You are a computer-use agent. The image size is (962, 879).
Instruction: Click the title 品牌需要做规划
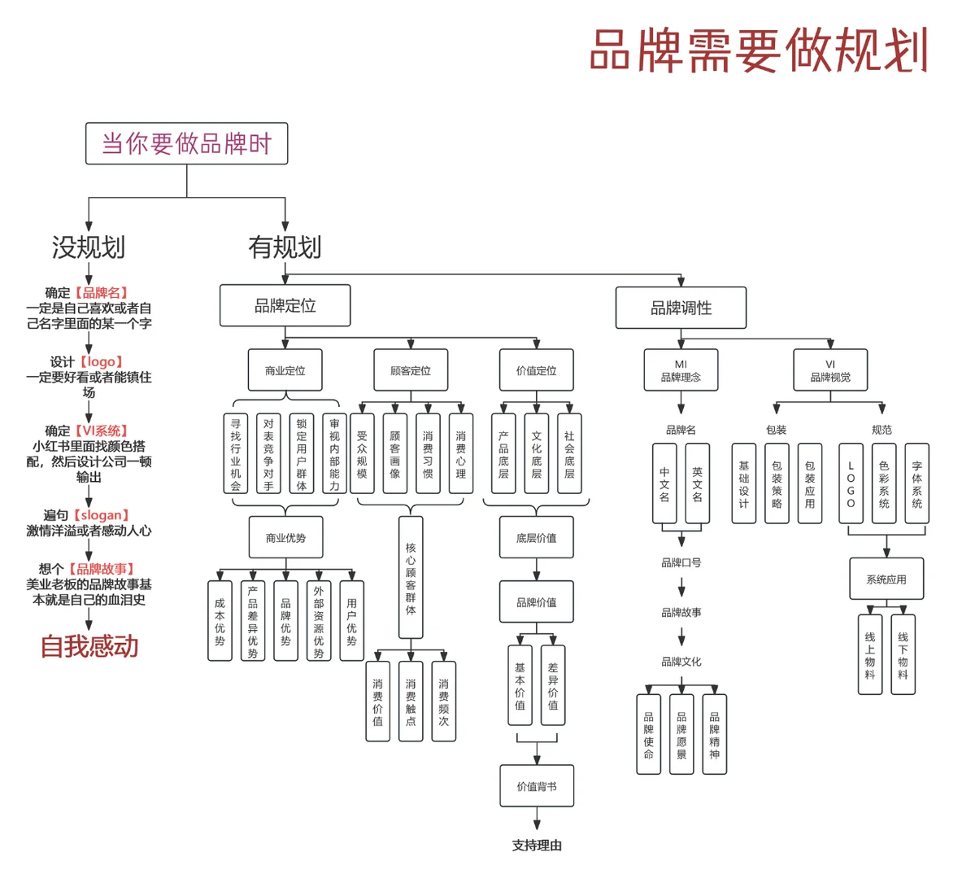[x=759, y=50]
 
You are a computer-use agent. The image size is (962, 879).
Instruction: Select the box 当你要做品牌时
[x=186, y=144]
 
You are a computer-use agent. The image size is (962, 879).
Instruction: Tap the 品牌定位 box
[x=285, y=306]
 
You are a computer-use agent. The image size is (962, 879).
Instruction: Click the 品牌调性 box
[x=681, y=308]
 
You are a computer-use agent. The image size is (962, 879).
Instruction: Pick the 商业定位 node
[x=285, y=371]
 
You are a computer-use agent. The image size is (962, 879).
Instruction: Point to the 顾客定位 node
[x=411, y=371]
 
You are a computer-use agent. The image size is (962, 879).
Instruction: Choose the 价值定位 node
[x=537, y=371]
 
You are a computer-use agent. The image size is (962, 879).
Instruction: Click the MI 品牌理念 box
[x=681, y=371]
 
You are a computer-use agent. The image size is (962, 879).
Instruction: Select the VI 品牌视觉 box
[x=830, y=371]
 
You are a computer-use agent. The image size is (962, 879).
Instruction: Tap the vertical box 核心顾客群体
[x=411, y=578]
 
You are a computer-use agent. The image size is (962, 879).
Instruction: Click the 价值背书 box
[x=537, y=786]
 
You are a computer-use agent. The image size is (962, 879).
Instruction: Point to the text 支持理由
[x=537, y=846]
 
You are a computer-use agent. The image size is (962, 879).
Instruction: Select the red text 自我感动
[x=89, y=647]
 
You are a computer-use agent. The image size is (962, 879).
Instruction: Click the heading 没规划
[x=89, y=247]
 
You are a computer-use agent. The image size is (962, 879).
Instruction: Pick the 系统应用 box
[x=886, y=579]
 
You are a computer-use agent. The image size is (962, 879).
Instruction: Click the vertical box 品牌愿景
[x=681, y=735]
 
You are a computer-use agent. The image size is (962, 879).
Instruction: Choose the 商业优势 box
[x=285, y=538]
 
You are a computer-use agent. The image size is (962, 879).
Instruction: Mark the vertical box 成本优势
[x=220, y=621]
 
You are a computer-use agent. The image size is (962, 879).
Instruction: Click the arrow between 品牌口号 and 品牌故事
[x=681, y=588]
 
